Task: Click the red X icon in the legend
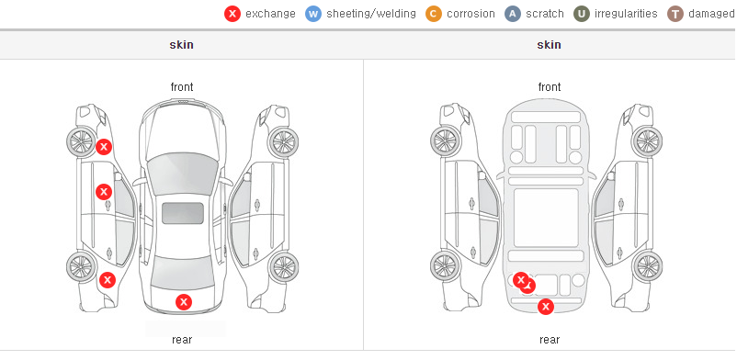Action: tap(232, 14)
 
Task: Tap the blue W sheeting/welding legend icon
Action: tap(313, 14)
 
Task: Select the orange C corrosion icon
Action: tap(434, 14)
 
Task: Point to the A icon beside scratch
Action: tap(513, 14)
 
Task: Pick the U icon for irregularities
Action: tap(582, 14)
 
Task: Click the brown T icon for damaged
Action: tap(675, 14)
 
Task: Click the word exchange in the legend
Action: tap(270, 14)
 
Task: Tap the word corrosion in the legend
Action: tap(471, 14)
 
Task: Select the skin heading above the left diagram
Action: tap(181, 45)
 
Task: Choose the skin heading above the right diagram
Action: tap(549, 45)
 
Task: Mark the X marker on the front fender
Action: tap(104, 147)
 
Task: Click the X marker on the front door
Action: tap(104, 192)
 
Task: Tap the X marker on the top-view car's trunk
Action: tap(184, 302)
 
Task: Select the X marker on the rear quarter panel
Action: tap(108, 281)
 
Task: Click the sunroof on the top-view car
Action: tap(183, 213)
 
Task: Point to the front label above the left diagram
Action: tap(182, 87)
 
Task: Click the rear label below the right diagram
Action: tap(550, 340)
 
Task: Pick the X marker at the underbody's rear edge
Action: tap(546, 307)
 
